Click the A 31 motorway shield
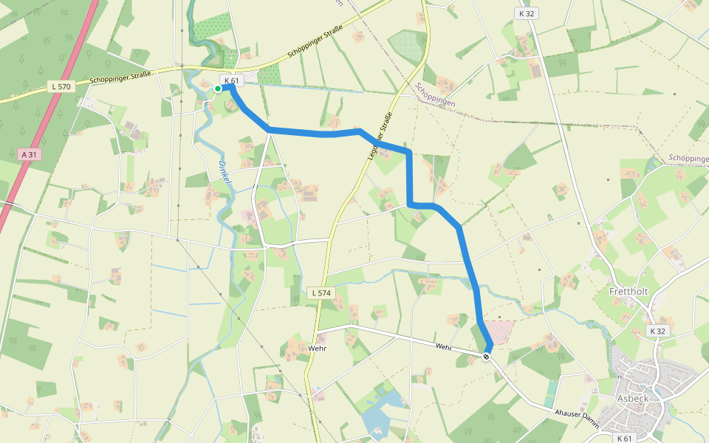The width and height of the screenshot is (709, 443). (28, 154)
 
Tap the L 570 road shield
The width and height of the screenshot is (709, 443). (61, 86)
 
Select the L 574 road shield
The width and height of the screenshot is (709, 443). (321, 293)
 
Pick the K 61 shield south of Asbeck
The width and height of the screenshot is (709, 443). (625, 439)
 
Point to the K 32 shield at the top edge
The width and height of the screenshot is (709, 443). (526, 13)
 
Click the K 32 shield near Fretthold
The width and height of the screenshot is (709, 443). (658, 332)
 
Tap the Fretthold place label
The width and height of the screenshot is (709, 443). (628, 292)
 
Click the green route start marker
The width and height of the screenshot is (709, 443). (218, 89)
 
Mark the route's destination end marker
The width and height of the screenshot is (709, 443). (486, 357)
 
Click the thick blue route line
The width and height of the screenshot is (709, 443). (408, 177)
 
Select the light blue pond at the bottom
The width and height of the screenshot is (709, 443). (378, 419)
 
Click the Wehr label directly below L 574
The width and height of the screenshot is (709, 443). (318, 348)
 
